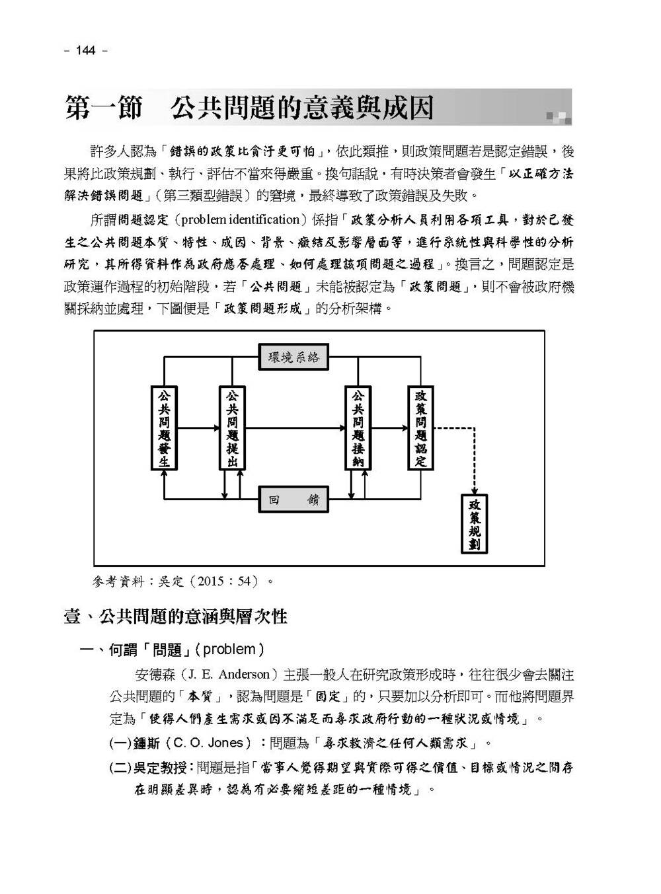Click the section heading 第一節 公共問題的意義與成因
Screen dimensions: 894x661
pos(249,108)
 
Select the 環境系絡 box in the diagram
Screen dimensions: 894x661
pos(293,357)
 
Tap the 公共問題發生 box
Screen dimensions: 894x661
pos(164,428)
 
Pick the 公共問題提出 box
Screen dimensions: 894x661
pos(232,428)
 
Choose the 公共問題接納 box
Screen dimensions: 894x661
pos(358,428)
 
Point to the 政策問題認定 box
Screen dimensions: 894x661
pos(420,428)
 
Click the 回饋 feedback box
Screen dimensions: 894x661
pos(293,500)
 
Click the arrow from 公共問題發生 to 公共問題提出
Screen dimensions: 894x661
pos(198,428)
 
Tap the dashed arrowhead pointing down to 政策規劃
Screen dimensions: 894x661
pos(474,488)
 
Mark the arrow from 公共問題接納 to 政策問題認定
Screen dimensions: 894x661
pos(389,428)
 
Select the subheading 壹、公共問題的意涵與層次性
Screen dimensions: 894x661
pos(175,616)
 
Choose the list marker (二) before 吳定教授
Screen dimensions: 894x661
pos(120,768)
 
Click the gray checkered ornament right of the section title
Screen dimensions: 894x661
pos(558,118)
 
